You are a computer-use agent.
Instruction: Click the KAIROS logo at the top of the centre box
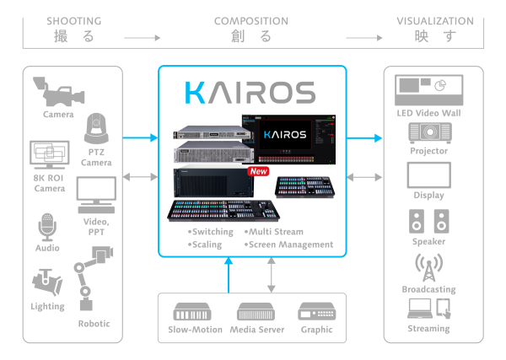point(250,92)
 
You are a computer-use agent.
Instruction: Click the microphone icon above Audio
point(46,226)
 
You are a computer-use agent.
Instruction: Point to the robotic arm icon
point(92,275)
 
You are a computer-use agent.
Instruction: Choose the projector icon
point(429,133)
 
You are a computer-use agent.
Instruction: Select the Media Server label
point(257,330)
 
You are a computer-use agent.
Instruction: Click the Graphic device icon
point(317,311)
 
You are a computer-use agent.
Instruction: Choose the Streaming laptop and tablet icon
point(429,310)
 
